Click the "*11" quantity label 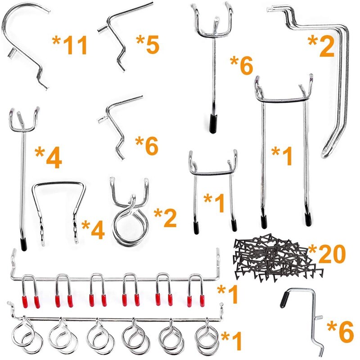pyautogui.click(x=69, y=45)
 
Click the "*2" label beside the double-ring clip pyautogui.click(x=165, y=218)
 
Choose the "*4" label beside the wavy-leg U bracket pyautogui.click(x=93, y=229)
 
